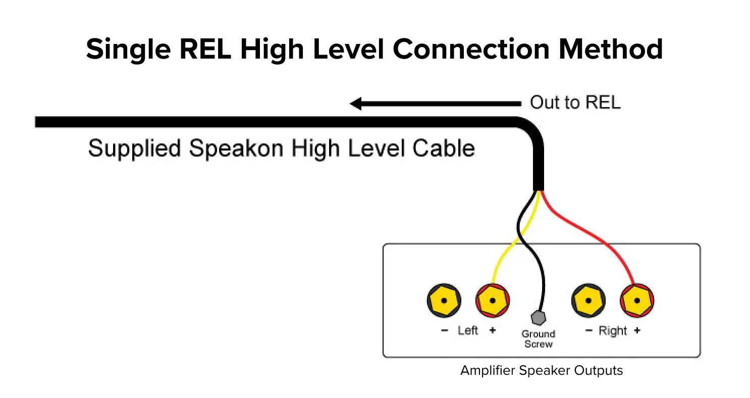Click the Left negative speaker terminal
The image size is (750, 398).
pos(444,301)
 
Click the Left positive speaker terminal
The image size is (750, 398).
pos(493,301)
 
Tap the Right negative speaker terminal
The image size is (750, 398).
pos(588,301)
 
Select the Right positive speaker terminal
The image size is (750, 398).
pos(637,301)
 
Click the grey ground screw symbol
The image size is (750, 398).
pos(539,318)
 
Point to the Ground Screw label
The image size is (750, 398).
pos(538,339)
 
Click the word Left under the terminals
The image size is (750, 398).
pos(467,331)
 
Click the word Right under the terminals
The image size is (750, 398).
pos(612,331)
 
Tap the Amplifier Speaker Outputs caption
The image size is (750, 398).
pos(541,370)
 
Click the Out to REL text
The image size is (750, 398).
pos(575,103)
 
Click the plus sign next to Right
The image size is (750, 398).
pos(637,331)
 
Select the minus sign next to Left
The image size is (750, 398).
pos(444,331)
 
